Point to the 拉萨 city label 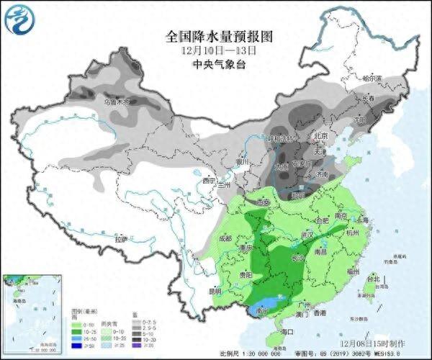121,238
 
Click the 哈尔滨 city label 372,77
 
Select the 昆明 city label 215,291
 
